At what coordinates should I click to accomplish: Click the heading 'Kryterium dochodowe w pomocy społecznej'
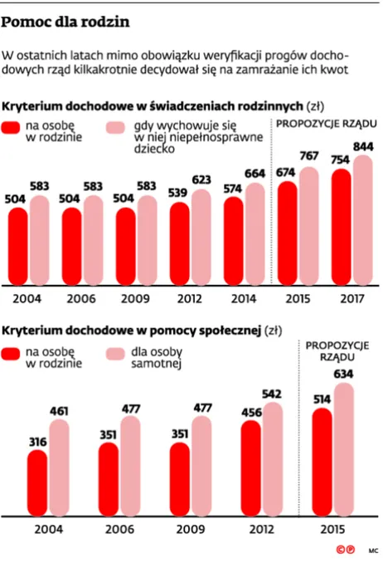[x=131, y=331]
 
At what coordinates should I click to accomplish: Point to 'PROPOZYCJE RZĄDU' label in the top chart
[x=326, y=123]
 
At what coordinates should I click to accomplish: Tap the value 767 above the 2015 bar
[x=309, y=156]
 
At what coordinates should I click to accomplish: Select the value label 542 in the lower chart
[x=271, y=392]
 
